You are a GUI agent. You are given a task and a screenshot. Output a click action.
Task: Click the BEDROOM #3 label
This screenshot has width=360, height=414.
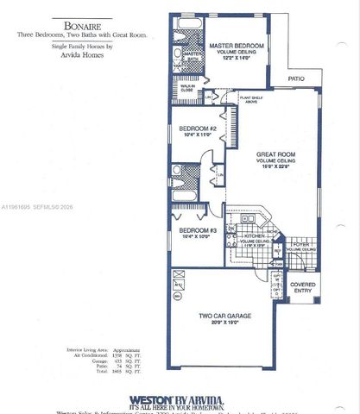197,230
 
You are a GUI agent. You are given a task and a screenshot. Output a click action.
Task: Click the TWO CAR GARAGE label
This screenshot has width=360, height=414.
225,317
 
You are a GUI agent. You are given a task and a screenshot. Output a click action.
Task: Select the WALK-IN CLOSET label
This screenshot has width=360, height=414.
186,87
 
